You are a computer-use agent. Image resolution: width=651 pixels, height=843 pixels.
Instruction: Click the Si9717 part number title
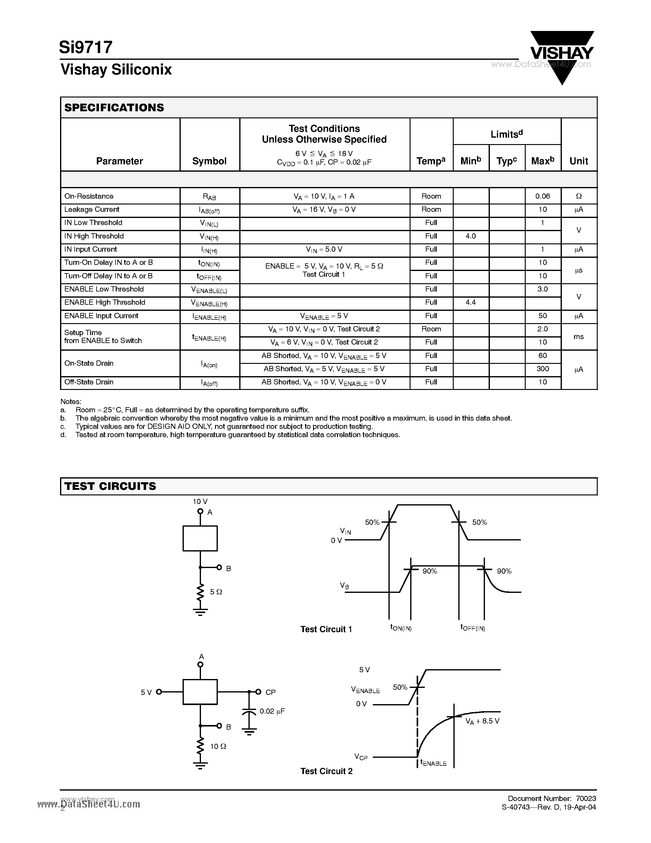pyautogui.click(x=85, y=47)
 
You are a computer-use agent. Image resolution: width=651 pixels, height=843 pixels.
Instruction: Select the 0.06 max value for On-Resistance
pyautogui.click(x=542, y=196)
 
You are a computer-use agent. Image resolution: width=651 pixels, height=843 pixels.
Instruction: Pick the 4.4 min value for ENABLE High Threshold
pyautogui.click(x=471, y=302)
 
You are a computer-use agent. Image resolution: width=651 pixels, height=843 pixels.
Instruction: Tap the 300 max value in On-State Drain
pyautogui.click(x=542, y=368)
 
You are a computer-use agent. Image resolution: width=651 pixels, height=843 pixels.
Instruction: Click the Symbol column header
pyautogui.click(x=210, y=161)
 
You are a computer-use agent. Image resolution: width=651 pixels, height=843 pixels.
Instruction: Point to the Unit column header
pyautogui.click(x=578, y=161)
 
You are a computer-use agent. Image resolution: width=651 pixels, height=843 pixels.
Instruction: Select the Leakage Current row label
pyautogui.click(x=92, y=209)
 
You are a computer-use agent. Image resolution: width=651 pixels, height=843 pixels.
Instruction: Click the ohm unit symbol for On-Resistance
pyautogui.click(x=578, y=196)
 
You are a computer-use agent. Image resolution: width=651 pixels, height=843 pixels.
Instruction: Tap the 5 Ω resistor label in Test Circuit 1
pyautogui.click(x=216, y=592)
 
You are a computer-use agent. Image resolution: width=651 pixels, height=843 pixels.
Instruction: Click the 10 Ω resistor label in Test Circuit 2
pyautogui.click(x=218, y=746)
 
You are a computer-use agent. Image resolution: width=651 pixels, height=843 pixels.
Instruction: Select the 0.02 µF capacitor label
pyautogui.click(x=272, y=711)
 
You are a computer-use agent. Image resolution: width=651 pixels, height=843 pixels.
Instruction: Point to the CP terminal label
pyautogui.click(x=270, y=692)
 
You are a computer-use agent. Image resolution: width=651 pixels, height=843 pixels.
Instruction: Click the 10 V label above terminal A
pyautogui.click(x=200, y=502)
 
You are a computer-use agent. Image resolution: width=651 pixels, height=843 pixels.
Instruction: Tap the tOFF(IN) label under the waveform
pyautogui.click(x=472, y=627)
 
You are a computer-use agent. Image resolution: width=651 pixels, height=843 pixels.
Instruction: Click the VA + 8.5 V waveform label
pyautogui.click(x=482, y=721)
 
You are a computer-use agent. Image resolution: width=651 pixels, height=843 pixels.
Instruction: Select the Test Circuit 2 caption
pyautogui.click(x=326, y=771)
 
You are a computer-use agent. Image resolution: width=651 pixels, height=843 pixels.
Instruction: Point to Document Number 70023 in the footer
pyautogui.click(x=551, y=798)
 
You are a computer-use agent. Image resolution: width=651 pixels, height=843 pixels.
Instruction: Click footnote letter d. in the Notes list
pyautogui.click(x=63, y=435)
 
